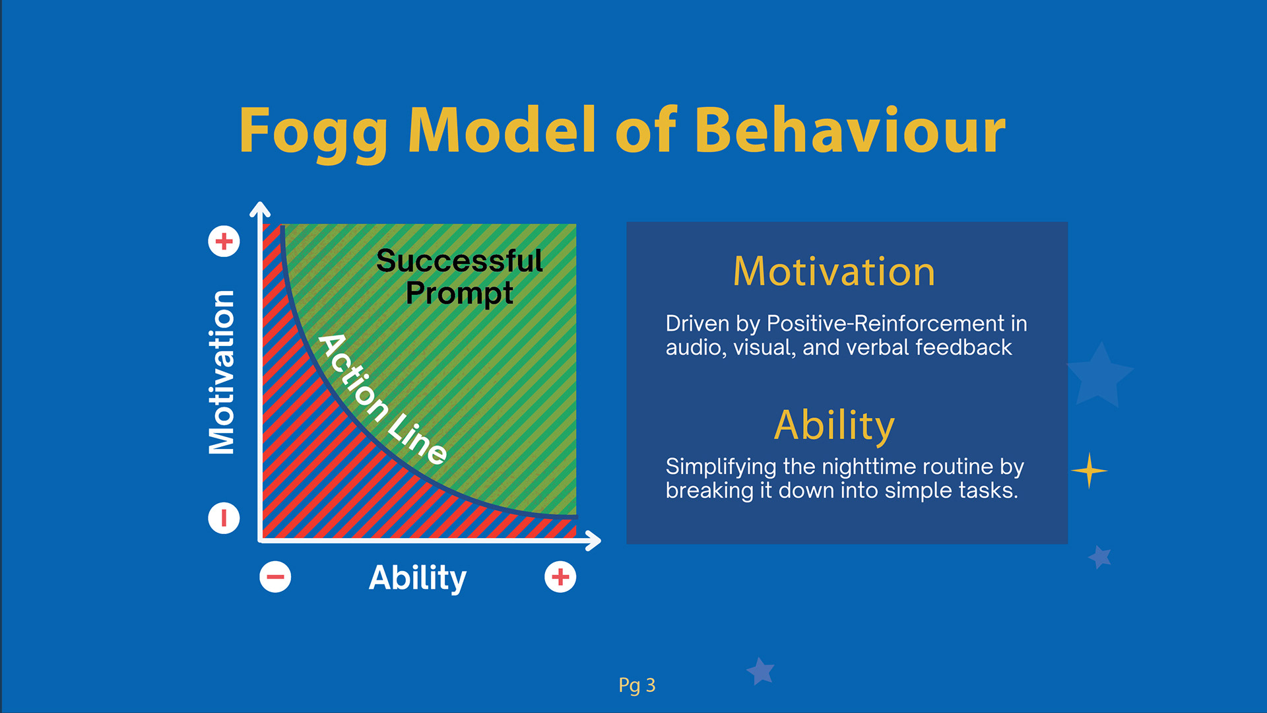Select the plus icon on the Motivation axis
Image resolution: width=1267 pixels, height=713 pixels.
point(224,241)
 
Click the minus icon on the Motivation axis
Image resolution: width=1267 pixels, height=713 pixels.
point(224,518)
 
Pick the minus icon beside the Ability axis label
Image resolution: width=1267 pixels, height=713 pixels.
point(275,577)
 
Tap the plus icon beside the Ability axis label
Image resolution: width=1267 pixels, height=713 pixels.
point(560,577)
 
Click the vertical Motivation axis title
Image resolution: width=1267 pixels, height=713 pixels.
point(222,372)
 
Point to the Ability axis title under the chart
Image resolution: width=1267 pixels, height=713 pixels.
point(418,578)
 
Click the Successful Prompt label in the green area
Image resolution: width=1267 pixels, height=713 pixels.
point(459,277)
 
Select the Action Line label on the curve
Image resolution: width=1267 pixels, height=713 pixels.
point(383,399)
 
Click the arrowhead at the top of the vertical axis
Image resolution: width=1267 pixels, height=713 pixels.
point(260,209)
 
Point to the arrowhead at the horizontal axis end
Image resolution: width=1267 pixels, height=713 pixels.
point(593,541)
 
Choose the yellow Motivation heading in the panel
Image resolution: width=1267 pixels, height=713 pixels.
point(834,271)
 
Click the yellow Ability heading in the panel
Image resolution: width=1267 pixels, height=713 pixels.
point(834,426)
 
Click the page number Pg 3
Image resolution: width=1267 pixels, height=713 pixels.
point(637,686)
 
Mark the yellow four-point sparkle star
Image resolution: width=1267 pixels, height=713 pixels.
point(1089,471)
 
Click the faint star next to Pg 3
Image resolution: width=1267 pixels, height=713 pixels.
point(760,671)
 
